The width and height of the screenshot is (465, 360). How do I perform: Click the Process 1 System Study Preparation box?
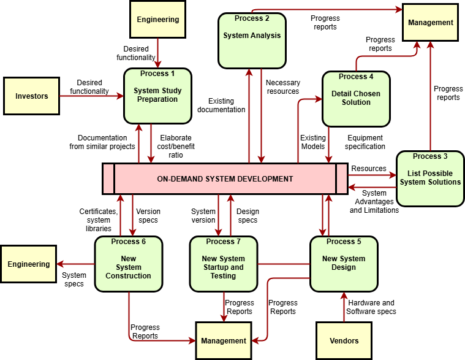tap(157, 95)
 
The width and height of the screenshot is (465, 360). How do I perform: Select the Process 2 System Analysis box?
tap(252, 40)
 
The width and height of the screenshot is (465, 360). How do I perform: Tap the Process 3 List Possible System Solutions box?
tap(429, 178)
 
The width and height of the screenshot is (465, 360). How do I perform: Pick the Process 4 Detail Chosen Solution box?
tap(356, 99)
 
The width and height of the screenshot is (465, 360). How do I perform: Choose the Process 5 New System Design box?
tap(343, 264)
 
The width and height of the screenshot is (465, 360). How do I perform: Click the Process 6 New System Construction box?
tap(128, 264)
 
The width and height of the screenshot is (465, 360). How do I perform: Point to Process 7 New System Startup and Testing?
tap(223, 264)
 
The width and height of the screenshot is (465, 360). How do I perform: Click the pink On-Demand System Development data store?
tap(225, 179)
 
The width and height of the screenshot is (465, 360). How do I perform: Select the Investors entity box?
tap(31, 96)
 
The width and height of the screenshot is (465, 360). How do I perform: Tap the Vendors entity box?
tap(344, 340)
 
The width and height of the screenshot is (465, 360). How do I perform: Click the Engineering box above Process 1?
tap(158, 19)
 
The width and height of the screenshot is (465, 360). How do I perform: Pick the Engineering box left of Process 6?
tap(29, 264)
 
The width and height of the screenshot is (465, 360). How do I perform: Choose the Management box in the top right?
tap(430, 23)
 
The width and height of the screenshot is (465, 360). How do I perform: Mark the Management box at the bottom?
tap(224, 340)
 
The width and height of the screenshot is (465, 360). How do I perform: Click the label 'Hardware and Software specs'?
tap(371, 307)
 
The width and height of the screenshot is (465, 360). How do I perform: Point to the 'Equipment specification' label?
tap(365, 142)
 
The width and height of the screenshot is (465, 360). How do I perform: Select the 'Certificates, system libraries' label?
tap(98, 220)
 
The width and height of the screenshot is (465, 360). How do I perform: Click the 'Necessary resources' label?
tap(283, 87)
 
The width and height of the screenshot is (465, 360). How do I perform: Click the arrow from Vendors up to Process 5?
tap(344, 307)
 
